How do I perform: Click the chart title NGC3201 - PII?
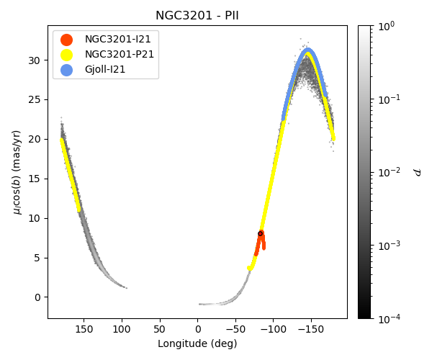(x=197, y=16)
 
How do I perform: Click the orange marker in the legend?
(x=66, y=40)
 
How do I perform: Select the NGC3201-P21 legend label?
(x=120, y=55)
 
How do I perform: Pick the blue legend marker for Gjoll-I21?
(x=66, y=69)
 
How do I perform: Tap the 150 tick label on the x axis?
(x=84, y=329)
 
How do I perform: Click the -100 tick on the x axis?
(x=272, y=329)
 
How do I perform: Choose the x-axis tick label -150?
(x=310, y=329)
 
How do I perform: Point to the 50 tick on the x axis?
(x=159, y=329)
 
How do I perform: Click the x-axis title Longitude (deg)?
(x=197, y=343)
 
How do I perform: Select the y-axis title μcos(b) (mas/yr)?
(x=16, y=171)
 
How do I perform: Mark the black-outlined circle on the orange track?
(x=261, y=233)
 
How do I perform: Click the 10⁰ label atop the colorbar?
(x=387, y=26)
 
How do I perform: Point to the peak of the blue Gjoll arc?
(x=308, y=50)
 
